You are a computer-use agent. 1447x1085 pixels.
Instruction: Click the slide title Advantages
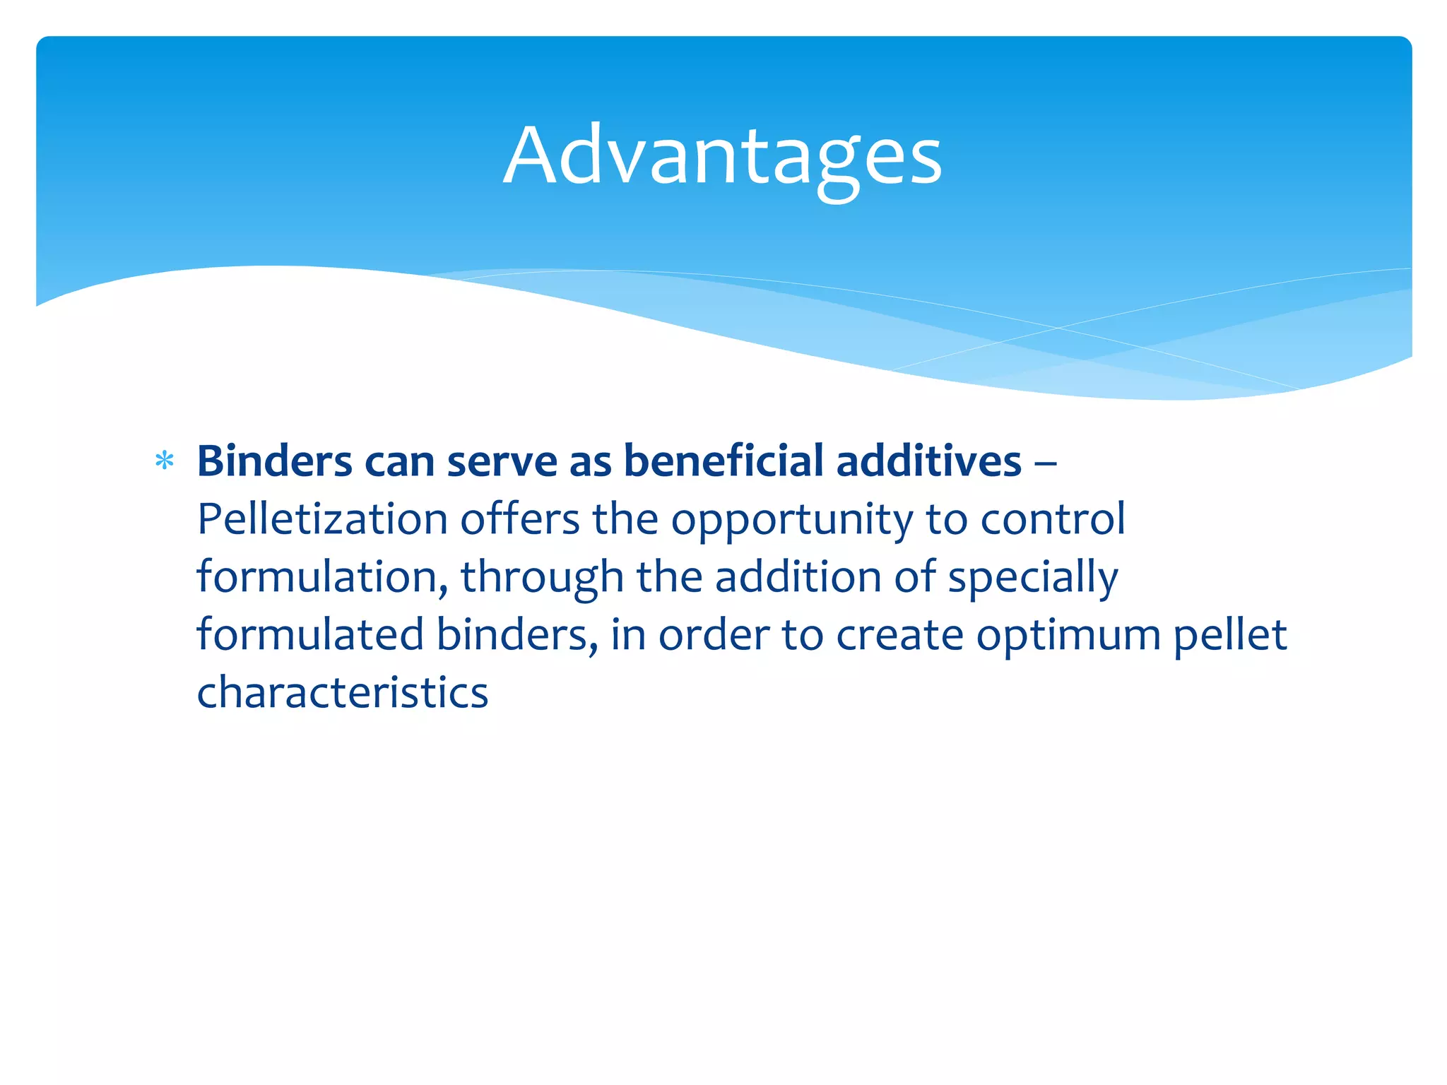point(722,157)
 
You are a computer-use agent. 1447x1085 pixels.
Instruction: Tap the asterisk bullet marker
point(165,462)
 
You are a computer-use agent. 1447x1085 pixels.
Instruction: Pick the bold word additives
point(928,462)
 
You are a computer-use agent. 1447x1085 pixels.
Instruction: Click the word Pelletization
point(322,520)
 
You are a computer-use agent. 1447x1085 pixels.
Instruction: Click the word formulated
point(310,634)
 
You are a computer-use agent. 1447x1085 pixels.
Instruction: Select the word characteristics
point(343,693)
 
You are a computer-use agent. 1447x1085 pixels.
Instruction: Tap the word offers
point(520,520)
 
